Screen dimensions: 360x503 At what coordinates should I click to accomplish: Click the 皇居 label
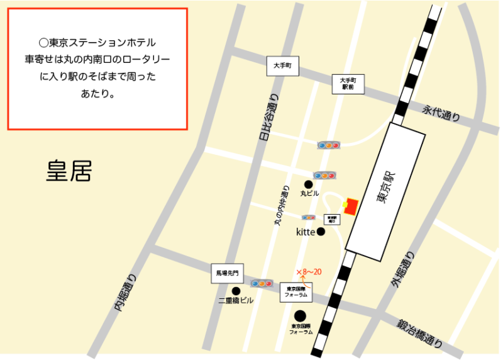(x=69, y=171)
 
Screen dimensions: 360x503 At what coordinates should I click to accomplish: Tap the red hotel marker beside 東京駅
(x=351, y=206)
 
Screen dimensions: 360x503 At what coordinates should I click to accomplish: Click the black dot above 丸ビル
(x=308, y=184)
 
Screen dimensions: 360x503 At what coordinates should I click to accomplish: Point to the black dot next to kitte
(x=321, y=232)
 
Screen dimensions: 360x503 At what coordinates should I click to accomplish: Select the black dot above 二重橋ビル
(x=236, y=291)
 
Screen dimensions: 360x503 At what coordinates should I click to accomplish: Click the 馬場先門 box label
(x=226, y=273)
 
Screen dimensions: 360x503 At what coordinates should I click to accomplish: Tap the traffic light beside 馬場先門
(x=262, y=283)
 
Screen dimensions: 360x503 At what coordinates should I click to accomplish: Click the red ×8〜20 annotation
(x=309, y=271)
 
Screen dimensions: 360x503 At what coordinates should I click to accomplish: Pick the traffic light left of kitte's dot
(x=308, y=217)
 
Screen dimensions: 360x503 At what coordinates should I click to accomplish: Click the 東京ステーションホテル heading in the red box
(x=97, y=43)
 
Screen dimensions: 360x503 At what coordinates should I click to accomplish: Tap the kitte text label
(x=305, y=232)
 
